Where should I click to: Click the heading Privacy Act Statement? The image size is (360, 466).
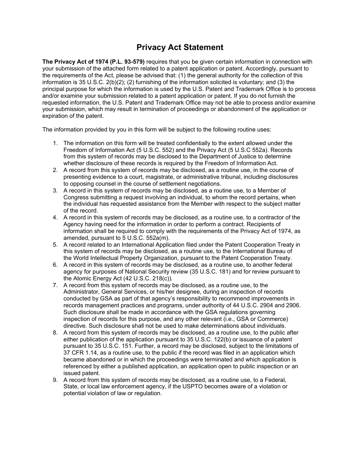click(180, 47)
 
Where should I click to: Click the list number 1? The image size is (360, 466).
click(55, 143)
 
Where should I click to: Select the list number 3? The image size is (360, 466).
click(55, 191)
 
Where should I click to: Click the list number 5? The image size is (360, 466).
click(55, 245)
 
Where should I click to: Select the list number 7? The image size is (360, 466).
click(55, 285)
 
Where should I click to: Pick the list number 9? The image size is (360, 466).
click(55, 380)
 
